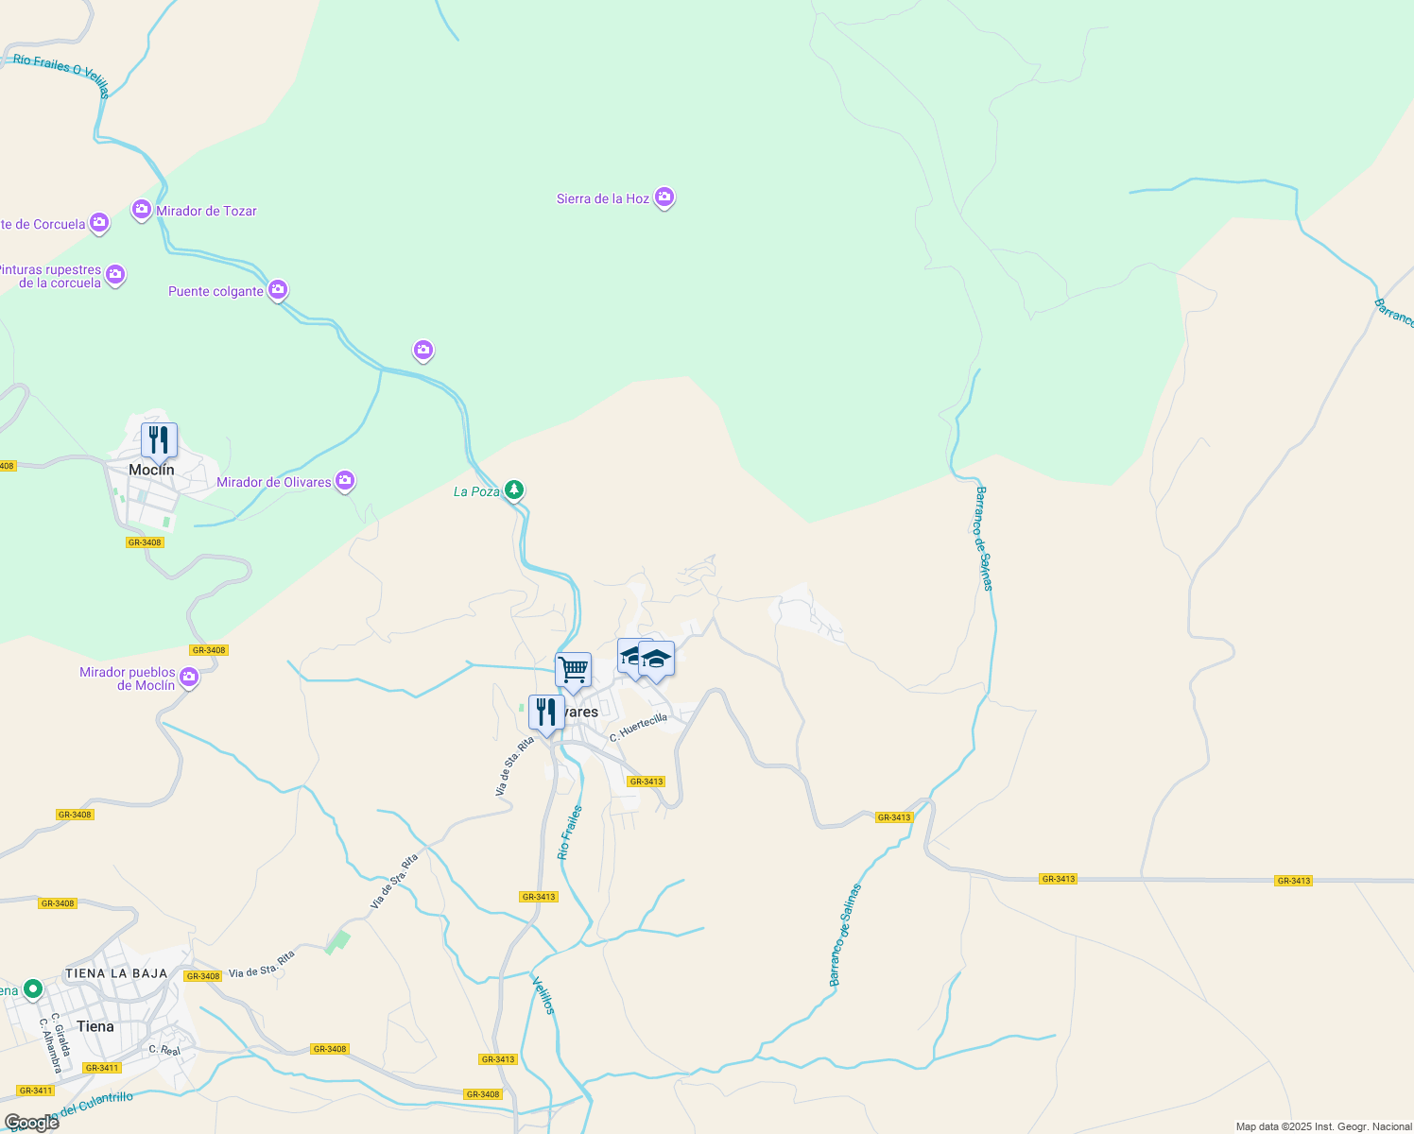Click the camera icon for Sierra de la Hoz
tap(664, 198)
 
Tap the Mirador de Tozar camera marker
tap(142, 210)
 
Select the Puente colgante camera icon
tap(278, 289)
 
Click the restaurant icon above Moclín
tap(159, 439)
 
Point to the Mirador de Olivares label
tap(274, 482)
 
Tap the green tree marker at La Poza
tap(513, 490)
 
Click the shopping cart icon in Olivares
tap(573, 670)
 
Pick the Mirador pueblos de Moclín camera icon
tap(189, 677)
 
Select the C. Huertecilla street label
tap(638, 727)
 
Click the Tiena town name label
tap(95, 1026)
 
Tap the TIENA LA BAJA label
tap(116, 973)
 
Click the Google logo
tap(31, 1123)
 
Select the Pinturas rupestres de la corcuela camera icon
tap(115, 274)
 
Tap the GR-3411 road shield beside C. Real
tap(101, 1068)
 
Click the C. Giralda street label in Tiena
tap(60, 1035)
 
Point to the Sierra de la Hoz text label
tap(602, 198)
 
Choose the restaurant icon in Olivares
tap(546, 713)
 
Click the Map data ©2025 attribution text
tap(1324, 1126)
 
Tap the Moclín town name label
tap(152, 470)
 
